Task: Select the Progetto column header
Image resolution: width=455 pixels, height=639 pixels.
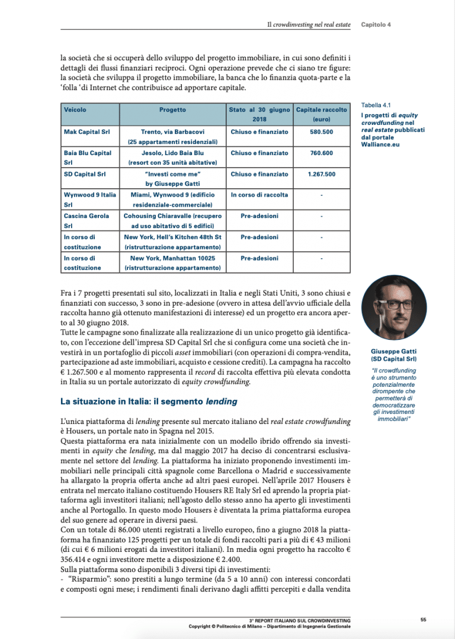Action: point(172,110)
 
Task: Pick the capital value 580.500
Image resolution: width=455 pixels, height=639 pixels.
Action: point(322,131)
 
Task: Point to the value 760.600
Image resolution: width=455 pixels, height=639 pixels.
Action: point(322,153)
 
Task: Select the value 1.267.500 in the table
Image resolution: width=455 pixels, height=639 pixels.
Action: point(322,174)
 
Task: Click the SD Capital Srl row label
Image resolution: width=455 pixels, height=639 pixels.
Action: point(85,174)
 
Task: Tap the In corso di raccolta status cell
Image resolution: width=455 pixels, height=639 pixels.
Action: point(259,195)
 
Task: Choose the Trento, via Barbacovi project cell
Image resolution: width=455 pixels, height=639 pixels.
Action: point(172,136)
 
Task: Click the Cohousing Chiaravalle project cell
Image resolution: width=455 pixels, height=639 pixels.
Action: point(172,221)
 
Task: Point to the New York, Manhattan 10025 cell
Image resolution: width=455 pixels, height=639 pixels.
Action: point(172,263)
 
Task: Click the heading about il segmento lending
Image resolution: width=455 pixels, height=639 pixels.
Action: point(149,402)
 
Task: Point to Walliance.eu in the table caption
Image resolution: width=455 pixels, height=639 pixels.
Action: point(380,144)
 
